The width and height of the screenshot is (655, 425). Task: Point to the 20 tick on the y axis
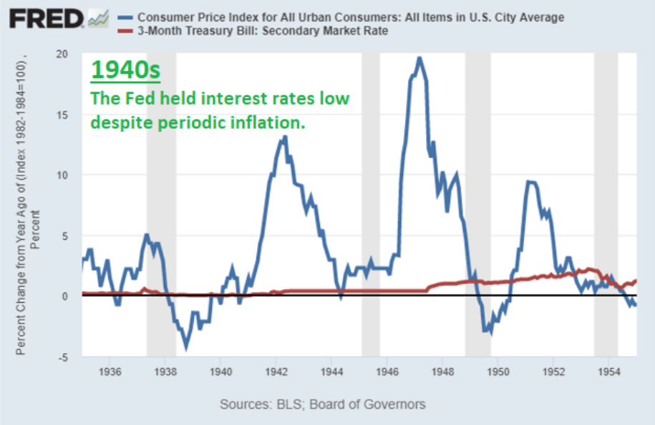pyautogui.click(x=62, y=54)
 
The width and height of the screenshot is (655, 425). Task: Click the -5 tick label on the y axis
pyautogui.click(x=64, y=356)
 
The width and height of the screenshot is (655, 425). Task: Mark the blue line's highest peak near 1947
pyautogui.click(x=419, y=59)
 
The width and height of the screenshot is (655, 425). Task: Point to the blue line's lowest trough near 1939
pyautogui.click(x=187, y=347)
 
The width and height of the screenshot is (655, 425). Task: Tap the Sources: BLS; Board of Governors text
pyautogui.click(x=322, y=404)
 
